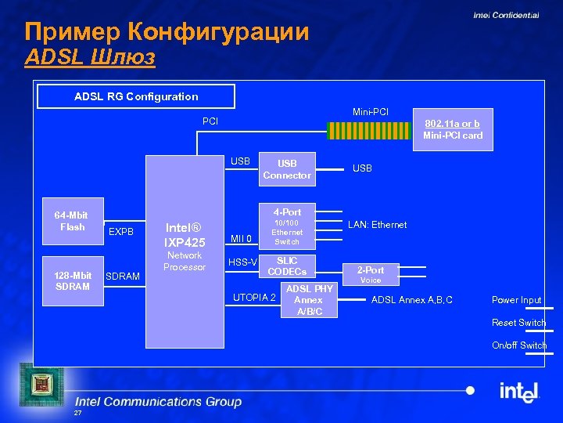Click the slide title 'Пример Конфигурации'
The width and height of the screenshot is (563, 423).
click(167, 32)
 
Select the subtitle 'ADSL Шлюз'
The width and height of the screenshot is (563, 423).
click(90, 57)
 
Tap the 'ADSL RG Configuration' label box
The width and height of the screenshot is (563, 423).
click(136, 96)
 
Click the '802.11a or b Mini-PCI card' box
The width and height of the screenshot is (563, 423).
click(453, 129)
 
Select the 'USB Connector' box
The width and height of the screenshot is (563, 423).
click(287, 169)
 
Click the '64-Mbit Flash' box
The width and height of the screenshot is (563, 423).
click(72, 222)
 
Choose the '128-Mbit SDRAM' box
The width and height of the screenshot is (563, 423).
click(72, 280)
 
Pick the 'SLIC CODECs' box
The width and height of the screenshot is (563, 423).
click(287, 266)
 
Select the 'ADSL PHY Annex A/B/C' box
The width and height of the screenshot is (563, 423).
click(309, 300)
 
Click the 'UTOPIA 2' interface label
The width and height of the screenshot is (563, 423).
click(254, 297)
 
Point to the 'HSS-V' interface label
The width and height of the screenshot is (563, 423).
click(242, 262)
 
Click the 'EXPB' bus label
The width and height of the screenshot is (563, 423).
click(121, 232)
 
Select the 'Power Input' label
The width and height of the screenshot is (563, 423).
click(516, 300)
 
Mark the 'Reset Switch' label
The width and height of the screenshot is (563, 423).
click(518, 323)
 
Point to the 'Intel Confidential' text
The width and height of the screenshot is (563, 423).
click(505, 15)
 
